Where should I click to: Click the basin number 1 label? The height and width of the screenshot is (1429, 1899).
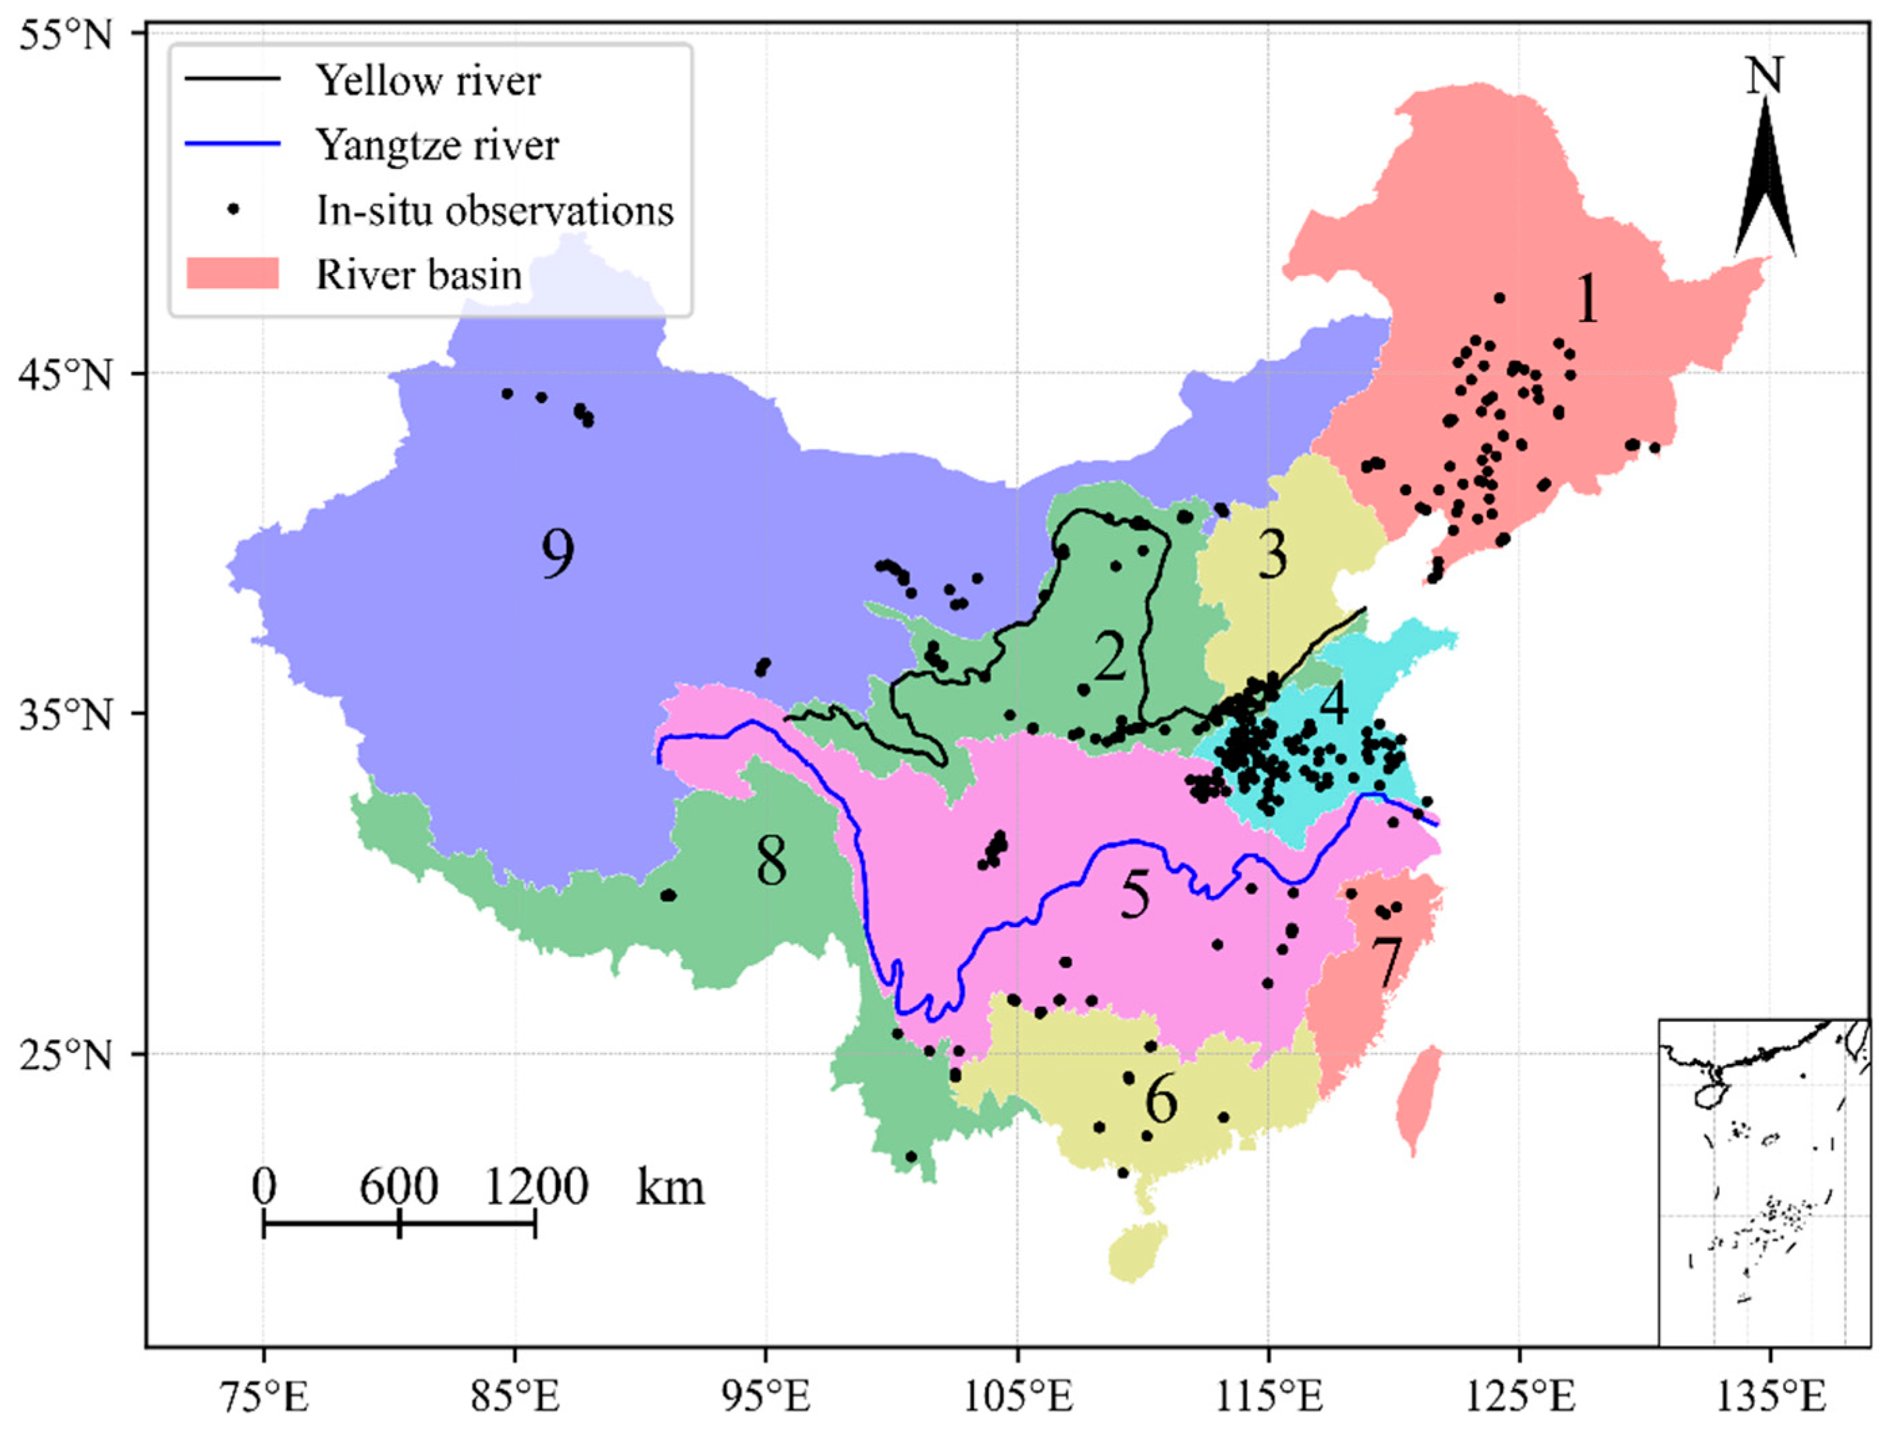point(1587,300)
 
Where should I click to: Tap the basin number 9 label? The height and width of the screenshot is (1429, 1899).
point(557,554)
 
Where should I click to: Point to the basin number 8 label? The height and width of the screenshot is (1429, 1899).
point(771,862)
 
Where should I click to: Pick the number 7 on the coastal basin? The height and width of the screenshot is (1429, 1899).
point(1386,963)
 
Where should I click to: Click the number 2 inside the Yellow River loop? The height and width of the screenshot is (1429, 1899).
point(1109,657)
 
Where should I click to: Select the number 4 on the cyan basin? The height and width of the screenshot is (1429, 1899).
point(1333,704)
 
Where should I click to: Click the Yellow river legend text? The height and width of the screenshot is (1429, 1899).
point(428,82)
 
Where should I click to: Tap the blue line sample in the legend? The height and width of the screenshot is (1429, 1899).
point(233,143)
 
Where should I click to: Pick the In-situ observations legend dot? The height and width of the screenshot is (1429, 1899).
point(233,210)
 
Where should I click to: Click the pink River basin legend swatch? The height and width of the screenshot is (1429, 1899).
point(233,275)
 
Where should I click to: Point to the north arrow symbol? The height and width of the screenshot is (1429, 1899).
point(1764,181)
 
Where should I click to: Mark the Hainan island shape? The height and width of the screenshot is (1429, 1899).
point(1137,1251)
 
